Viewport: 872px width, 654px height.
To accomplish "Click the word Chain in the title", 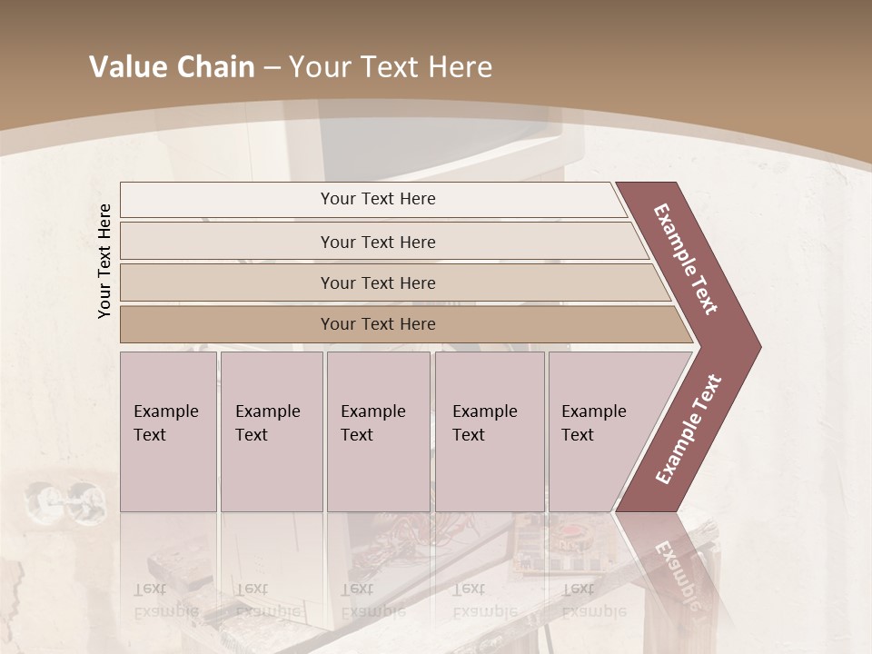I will tap(215, 67).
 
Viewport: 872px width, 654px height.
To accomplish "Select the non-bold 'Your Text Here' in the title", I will tap(391, 67).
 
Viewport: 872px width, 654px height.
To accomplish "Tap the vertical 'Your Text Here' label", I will tap(104, 262).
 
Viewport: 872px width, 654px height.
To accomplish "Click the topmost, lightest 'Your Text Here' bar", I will tap(377, 199).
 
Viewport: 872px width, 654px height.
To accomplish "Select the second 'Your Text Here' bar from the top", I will tap(377, 242).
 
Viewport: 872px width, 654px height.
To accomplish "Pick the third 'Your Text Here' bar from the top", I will tap(377, 282).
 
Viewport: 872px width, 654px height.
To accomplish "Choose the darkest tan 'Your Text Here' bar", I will tap(377, 324).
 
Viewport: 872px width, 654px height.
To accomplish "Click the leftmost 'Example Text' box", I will tap(167, 431).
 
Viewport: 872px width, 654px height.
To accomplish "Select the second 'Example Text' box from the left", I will tap(271, 431).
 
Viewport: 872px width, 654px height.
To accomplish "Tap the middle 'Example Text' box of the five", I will tap(377, 431).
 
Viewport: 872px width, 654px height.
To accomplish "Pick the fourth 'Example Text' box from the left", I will tap(489, 431).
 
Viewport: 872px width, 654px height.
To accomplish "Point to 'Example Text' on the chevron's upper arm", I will tap(686, 259).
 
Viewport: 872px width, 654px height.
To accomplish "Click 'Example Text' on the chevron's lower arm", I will tap(689, 429).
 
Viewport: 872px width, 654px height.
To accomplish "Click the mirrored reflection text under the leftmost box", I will tap(165, 601).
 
